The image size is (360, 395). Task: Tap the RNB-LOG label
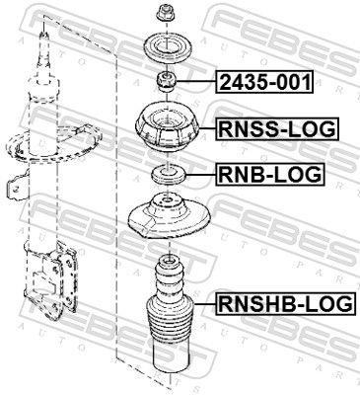pyautogui.click(x=268, y=175)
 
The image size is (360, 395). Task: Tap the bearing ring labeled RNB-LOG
pyautogui.click(x=166, y=176)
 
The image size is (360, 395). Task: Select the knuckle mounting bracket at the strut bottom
pyautogui.click(x=49, y=276)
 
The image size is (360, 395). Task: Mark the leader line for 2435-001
pyautogui.click(x=198, y=82)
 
